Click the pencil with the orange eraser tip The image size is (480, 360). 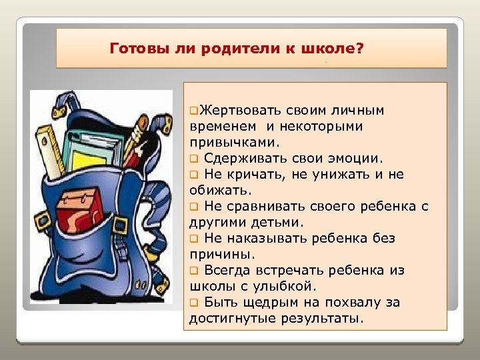pyautogui.click(x=137, y=133)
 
